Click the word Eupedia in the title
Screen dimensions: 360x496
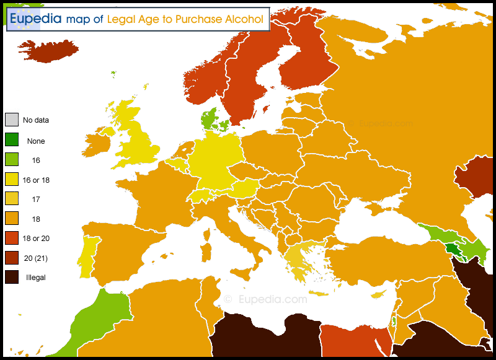tap(35, 19)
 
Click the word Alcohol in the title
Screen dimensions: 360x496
tap(244, 19)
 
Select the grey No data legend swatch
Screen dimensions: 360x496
tap(11, 120)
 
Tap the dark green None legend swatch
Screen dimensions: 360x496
tap(11, 140)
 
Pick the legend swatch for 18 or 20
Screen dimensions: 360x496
tap(11, 238)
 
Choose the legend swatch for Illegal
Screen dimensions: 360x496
tap(11, 277)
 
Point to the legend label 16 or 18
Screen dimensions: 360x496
tap(35, 180)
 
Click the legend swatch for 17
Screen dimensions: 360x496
tap(11, 199)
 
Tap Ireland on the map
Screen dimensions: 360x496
tap(96, 144)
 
